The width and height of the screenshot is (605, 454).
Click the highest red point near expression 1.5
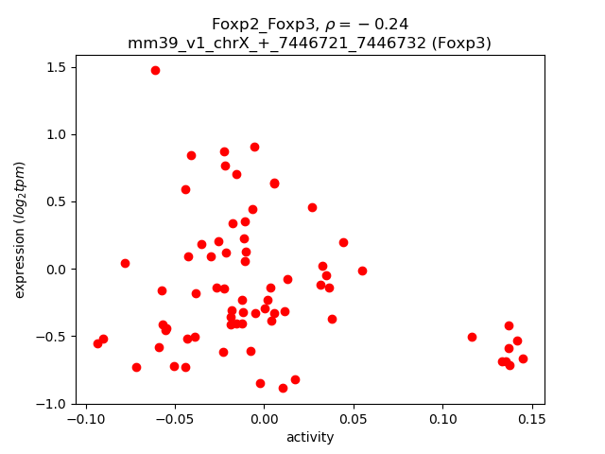155,70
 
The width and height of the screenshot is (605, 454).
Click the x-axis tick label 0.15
531,418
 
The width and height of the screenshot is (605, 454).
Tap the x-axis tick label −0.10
82,418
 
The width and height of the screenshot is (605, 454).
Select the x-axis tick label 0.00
264,418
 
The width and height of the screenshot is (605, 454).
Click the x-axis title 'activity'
309,437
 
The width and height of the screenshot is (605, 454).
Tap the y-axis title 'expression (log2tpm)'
20,230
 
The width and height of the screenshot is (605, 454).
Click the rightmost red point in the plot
523,358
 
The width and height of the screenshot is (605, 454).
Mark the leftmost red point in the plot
97,343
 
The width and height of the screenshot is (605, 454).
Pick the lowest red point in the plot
283,388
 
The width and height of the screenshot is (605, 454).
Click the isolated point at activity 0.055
362,271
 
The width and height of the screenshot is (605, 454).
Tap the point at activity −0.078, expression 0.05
125,263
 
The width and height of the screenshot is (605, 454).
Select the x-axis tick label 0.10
441,418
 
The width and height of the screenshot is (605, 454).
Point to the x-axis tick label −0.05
173,418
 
